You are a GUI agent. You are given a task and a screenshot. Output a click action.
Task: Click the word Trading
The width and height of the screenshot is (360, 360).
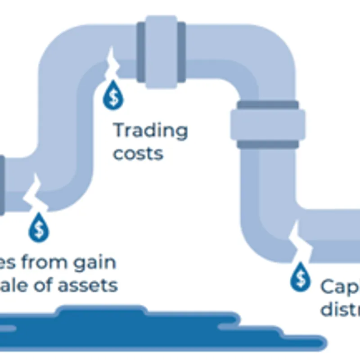coord(150,131)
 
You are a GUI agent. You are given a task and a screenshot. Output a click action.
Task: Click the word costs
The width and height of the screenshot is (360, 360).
coord(138,153)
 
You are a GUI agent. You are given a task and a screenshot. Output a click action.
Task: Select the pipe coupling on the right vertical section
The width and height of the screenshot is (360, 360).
coord(268,125)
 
